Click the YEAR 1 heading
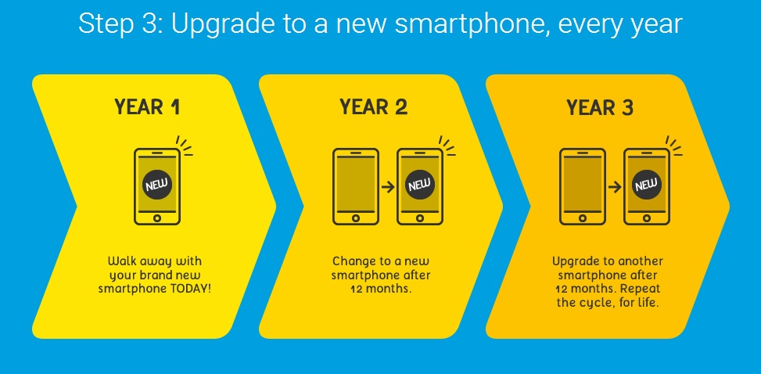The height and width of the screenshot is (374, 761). [x=148, y=107]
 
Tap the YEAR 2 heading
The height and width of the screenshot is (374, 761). [x=373, y=107]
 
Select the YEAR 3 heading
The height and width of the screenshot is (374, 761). [x=600, y=107]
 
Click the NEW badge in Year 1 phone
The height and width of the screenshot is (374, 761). [x=156, y=185]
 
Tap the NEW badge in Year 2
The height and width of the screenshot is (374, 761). [x=419, y=185]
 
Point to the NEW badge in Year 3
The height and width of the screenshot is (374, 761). [x=647, y=185]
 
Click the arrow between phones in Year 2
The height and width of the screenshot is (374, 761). [x=388, y=186]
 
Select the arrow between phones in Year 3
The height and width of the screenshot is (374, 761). [x=615, y=186]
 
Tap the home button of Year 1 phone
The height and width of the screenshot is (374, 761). [x=156, y=218]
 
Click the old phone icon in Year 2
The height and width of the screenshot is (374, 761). [x=356, y=186]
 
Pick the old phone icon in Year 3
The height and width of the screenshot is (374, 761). [x=583, y=186]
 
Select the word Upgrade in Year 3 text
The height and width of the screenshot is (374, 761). [x=573, y=262]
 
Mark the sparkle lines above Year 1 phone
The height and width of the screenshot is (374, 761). [x=185, y=146]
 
